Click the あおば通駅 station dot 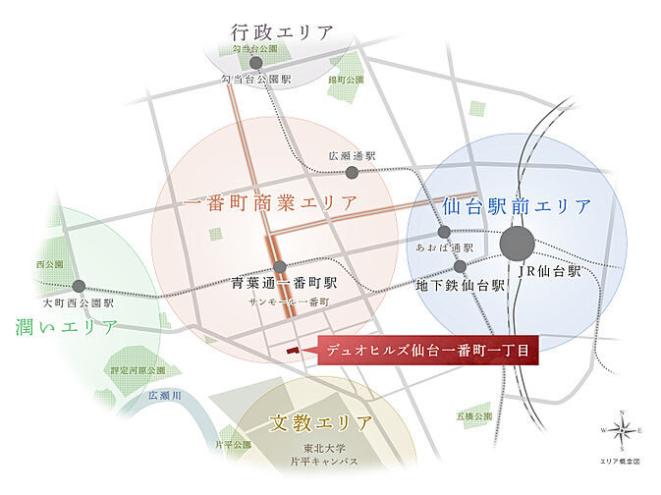pos(444,232)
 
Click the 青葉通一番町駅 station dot pos(280,267)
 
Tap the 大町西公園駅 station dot pos(79,287)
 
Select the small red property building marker pos(291,350)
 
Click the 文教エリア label pos(321,424)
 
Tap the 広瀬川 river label pos(165,395)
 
